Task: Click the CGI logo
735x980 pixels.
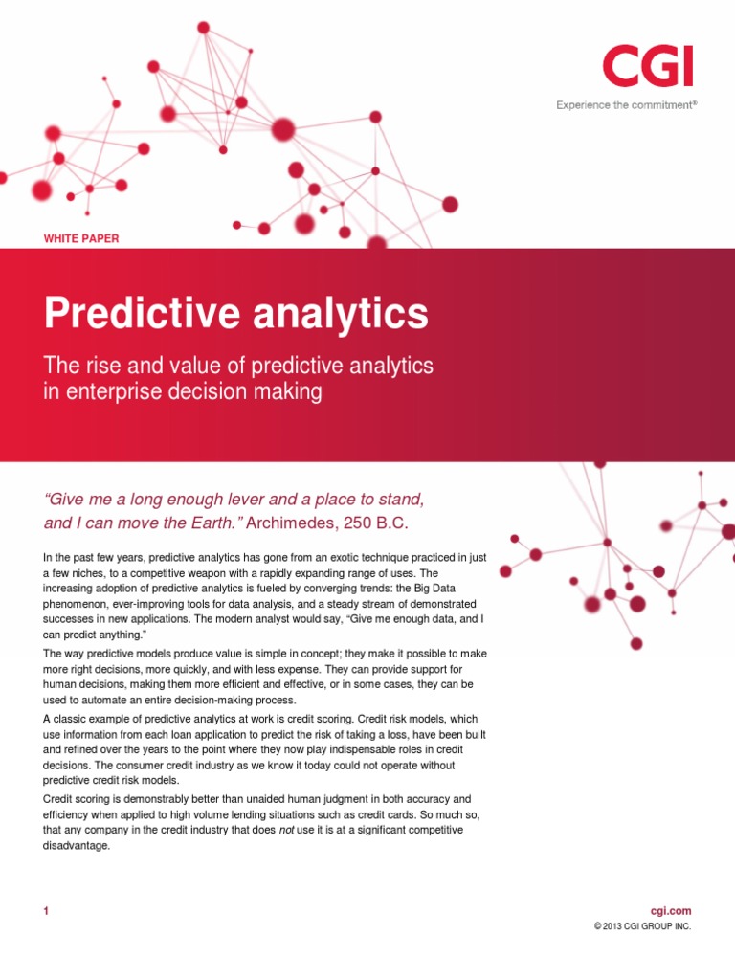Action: pos(647,67)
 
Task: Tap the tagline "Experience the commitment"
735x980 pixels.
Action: pos(625,105)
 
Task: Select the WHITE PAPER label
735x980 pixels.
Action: pos(81,238)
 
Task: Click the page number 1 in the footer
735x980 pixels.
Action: pos(45,912)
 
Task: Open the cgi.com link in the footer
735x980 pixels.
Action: pos(670,911)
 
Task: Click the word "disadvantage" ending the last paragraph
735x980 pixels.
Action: pos(78,846)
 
